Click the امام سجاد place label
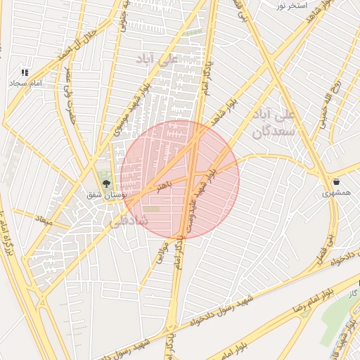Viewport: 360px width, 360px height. click(26, 83)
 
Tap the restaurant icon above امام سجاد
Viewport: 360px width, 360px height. click(25, 72)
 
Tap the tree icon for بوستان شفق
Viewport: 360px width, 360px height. click(106, 184)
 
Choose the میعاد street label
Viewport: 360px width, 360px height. click(44, 220)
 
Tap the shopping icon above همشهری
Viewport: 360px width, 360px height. click(337, 181)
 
